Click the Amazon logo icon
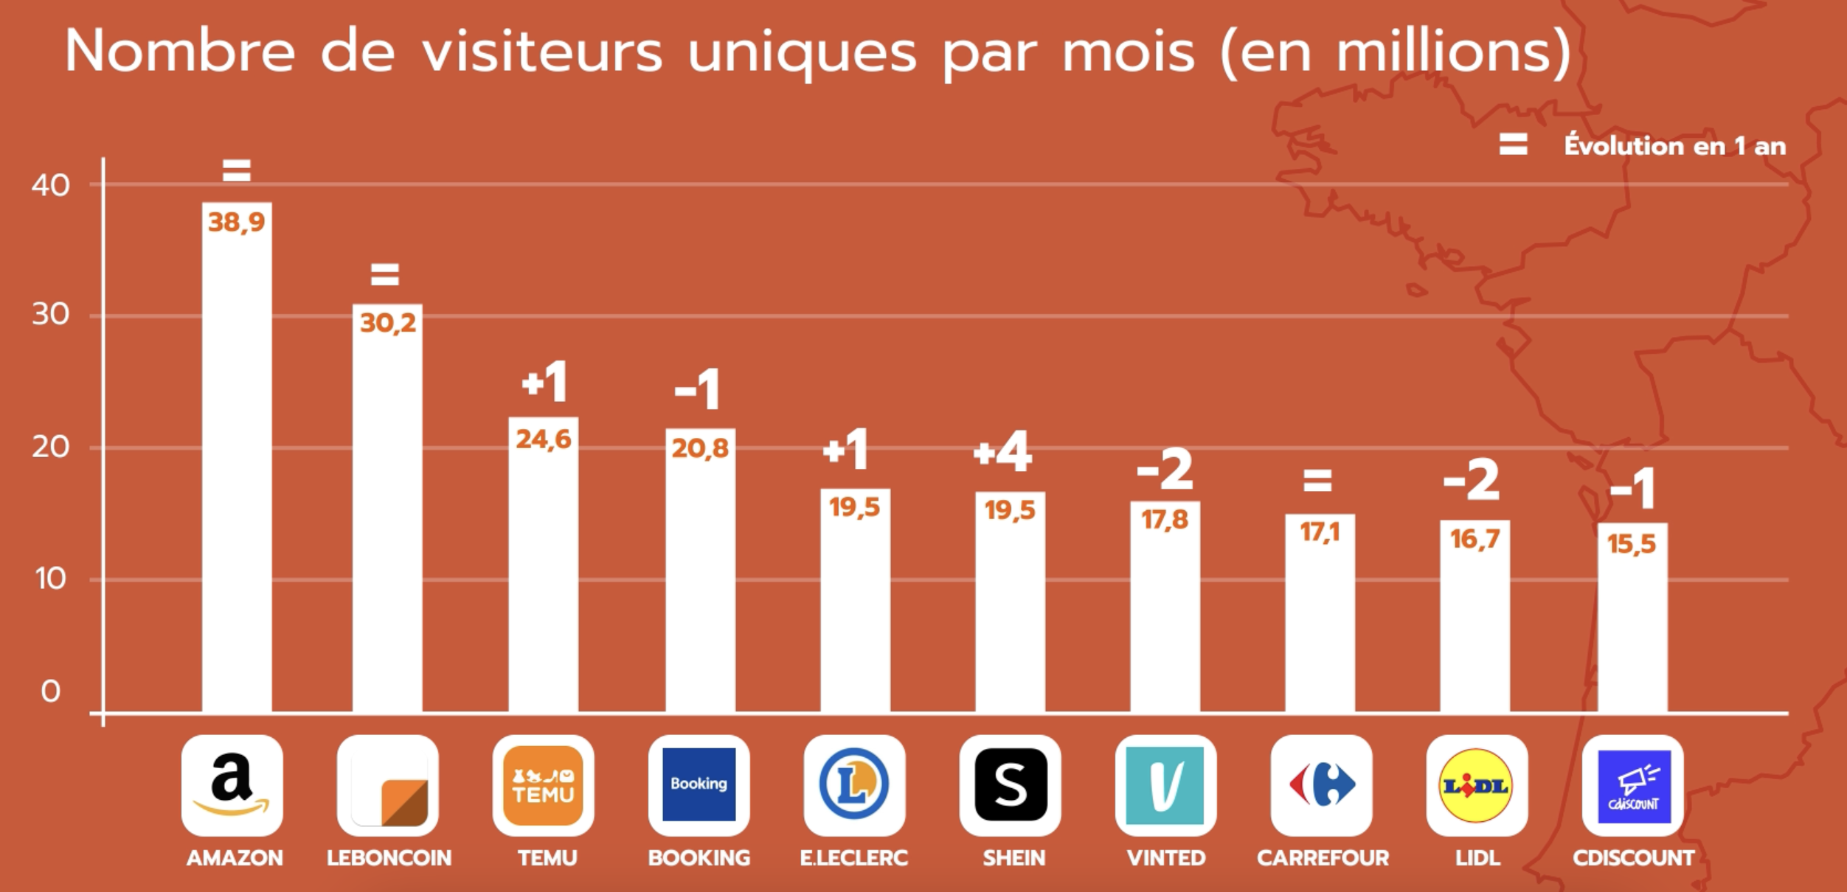click(232, 785)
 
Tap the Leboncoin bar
click(387, 516)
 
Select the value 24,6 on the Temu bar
click(544, 439)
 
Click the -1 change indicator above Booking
click(697, 389)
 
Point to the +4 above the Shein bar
click(1002, 452)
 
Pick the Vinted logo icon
click(1165, 785)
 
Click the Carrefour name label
click(1323, 858)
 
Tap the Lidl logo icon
click(1477, 785)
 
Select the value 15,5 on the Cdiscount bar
click(1632, 544)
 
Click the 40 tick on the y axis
click(50, 185)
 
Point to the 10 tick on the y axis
click(50, 579)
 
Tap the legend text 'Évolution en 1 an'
click(1675, 146)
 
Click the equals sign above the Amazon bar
click(237, 171)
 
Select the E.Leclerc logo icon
click(854, 785)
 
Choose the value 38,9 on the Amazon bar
click(236, 222)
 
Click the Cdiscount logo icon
click(1633, 785)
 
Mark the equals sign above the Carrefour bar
click(1317, 481)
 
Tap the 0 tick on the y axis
click(50, 691)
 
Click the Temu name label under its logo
click(547, 858)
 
